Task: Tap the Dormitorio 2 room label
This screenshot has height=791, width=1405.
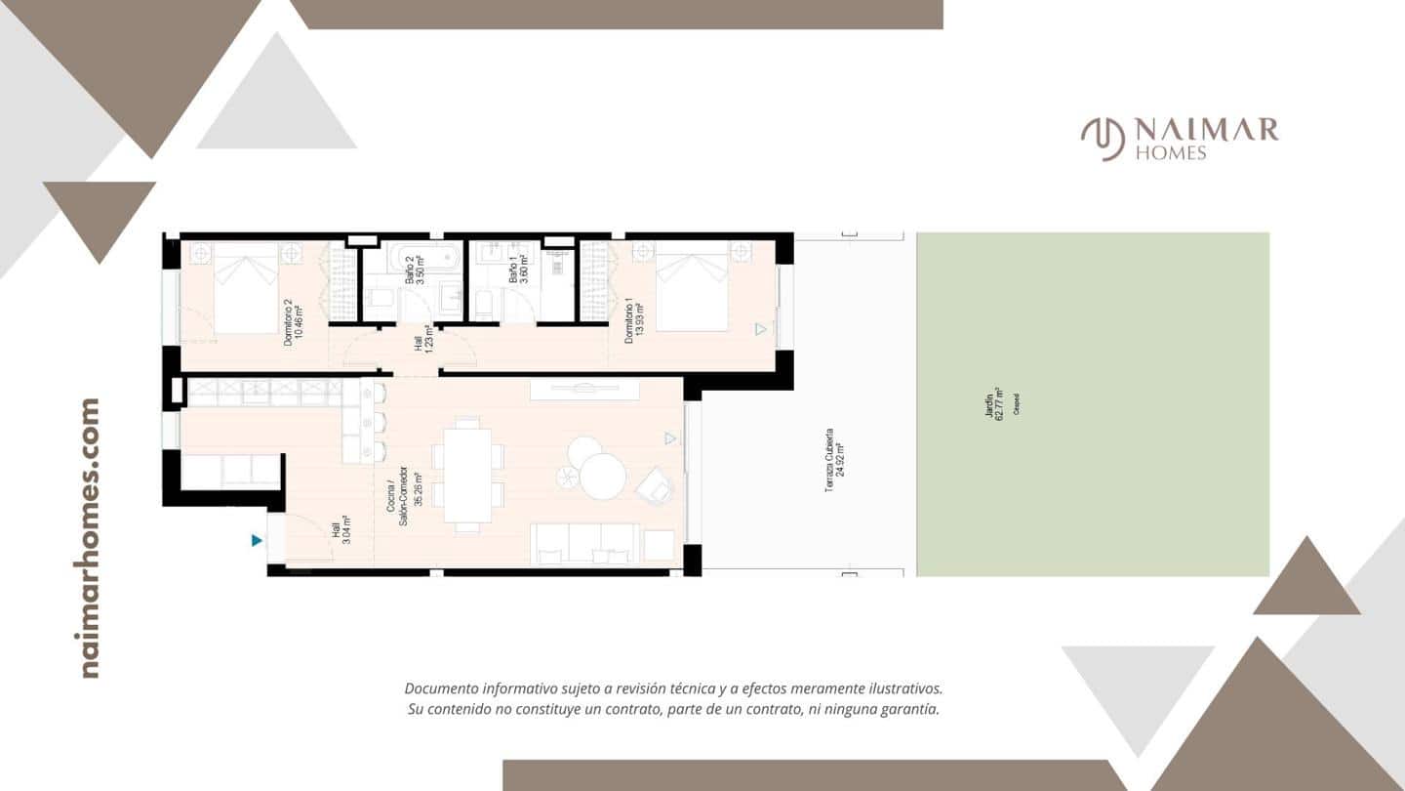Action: pos(293,322)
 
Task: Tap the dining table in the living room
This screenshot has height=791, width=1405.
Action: pos(468,474)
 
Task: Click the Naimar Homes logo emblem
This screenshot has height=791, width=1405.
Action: pos(1102,139)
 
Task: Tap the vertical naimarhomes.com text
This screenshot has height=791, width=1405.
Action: pos(90,537)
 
